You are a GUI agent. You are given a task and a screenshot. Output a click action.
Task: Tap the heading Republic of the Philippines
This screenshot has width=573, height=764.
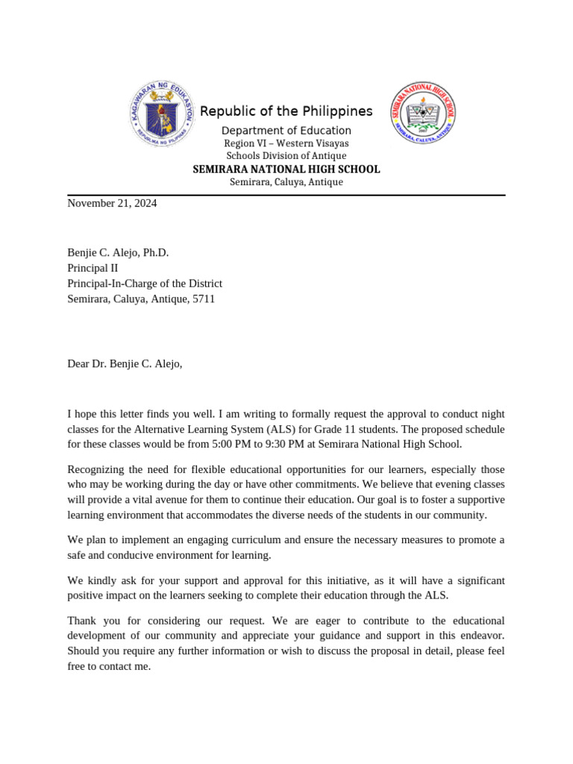(x=286, y=111)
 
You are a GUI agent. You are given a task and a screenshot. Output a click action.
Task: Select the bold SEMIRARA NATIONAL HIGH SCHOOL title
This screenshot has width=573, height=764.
(x=286, y=169)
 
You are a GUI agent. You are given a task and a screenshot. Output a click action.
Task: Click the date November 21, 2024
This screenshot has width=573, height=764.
(x=113, y=203)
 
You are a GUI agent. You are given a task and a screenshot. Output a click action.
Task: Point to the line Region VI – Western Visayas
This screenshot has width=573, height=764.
(x=286, y=143)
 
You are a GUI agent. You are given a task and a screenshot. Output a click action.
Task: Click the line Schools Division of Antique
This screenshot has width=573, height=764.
(x=286, y=156)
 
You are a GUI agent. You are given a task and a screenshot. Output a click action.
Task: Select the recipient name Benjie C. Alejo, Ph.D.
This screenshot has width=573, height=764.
(x=118, y=253)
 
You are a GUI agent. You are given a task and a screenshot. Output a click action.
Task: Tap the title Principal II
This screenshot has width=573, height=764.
(x=93, y=269)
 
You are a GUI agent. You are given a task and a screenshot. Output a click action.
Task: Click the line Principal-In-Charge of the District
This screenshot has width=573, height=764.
(x=145, y=284)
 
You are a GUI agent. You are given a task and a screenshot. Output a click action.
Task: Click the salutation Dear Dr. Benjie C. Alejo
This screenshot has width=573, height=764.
(x=125, y=364)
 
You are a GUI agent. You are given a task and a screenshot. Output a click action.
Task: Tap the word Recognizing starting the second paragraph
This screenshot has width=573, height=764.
(x=98, y=469)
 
